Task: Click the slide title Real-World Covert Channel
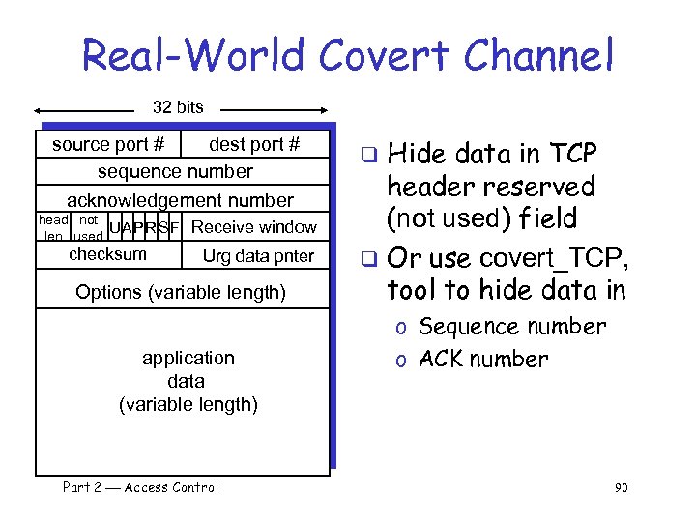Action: pos(347,55)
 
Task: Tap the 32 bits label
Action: pos(178,107)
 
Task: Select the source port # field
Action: pos(107,144)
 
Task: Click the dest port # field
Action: pos(254,144)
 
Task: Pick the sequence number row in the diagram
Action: pos(175,171)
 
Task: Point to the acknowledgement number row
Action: pos(180,200)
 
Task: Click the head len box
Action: pos(53,228)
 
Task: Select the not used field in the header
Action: pos(88,228)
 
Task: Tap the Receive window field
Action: pos(254,227)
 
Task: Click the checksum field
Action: pos(108,254)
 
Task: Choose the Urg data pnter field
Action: pos(258,256)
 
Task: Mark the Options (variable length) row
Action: pos(181,291)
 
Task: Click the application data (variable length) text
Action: pos(188,381)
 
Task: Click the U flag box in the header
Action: pos(115,228)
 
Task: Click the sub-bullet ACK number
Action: pos(483,360)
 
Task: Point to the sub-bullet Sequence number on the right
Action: pos(512,327)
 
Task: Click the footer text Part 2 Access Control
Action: pos(140,487)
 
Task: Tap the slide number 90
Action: pos(621,488)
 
